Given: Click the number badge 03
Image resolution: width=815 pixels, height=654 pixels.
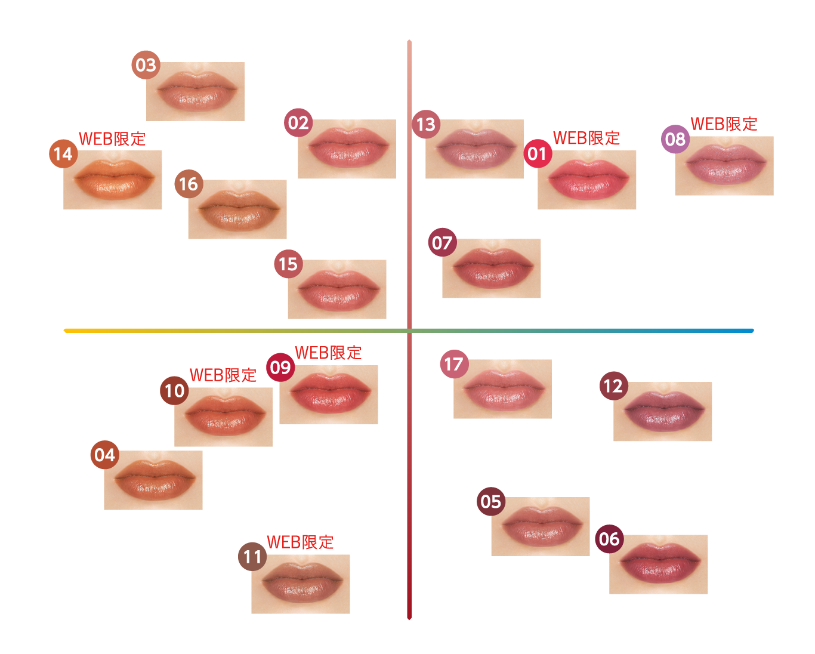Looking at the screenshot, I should pyautogui.click(x=146, y=65).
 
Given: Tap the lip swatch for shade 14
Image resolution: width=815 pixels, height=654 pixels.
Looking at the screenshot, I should pyautogui.click(x=113, y=180).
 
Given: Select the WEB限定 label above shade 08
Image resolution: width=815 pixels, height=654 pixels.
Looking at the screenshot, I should pyautogui.click(x=724, y=124).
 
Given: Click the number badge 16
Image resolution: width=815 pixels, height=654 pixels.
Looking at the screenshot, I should pyautogui.click(x=189, y=184).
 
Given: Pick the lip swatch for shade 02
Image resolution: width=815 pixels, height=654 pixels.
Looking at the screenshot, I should pyautogui.click(x=347, y=149).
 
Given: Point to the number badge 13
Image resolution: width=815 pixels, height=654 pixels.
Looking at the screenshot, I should pyautogui.click(x=426, y=124).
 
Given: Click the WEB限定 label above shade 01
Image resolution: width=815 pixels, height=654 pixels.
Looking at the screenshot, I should pyautogui.click(x=586, y=138).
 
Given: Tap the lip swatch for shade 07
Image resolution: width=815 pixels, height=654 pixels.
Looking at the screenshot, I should pyautogui.click(x=492, y=269).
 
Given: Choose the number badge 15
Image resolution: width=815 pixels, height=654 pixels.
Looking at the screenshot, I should pyautogui.click(x=288, y=264).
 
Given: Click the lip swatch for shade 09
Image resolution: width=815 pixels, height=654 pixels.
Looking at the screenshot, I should pyautogui.click(x=329, y=395).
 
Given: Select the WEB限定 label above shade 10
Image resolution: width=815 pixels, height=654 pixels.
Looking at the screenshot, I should pyautogui.click(x=223, y=375).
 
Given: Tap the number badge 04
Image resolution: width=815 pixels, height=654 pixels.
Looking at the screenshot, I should pyautogui.click(x=105, y=455).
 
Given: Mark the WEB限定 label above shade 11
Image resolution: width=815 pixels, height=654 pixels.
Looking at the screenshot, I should pyautogui.click(x=300, y=542).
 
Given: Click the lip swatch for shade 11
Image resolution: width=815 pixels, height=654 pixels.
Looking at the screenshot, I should pyautogui.click(x=301, y=584).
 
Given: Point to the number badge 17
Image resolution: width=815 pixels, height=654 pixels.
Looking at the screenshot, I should pyautogui.click(x=454, y=364).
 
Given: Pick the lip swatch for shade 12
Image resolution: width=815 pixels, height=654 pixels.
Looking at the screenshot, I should pyautogui.click(x=663, y=412).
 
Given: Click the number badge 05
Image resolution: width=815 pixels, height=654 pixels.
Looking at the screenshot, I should pyautogui.click(x=491, y=501).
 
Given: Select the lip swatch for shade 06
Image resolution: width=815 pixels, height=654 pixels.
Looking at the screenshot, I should pyautogui.click(x=659, y=564).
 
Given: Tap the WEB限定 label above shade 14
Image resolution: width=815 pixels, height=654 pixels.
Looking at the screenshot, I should pyautogui.click(x=112, y=139).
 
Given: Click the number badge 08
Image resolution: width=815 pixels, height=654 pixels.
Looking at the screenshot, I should pyautogui.click(x=675, y=140).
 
